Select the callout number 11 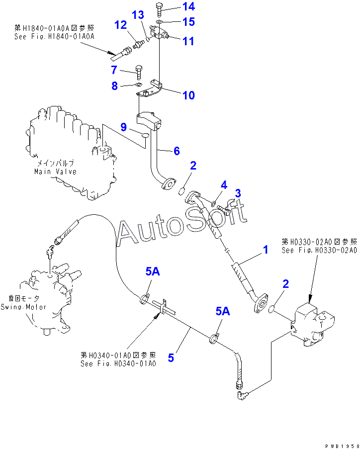pos(188,41)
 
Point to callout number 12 pos(121,24)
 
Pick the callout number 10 pos(188,95)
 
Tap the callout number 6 pos(176,151)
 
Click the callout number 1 pos(266,250)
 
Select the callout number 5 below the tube pos(171,357)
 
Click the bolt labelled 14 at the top pos(159,8)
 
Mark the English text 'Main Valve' pos(55,172)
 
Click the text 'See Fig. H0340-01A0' pos(118,363)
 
